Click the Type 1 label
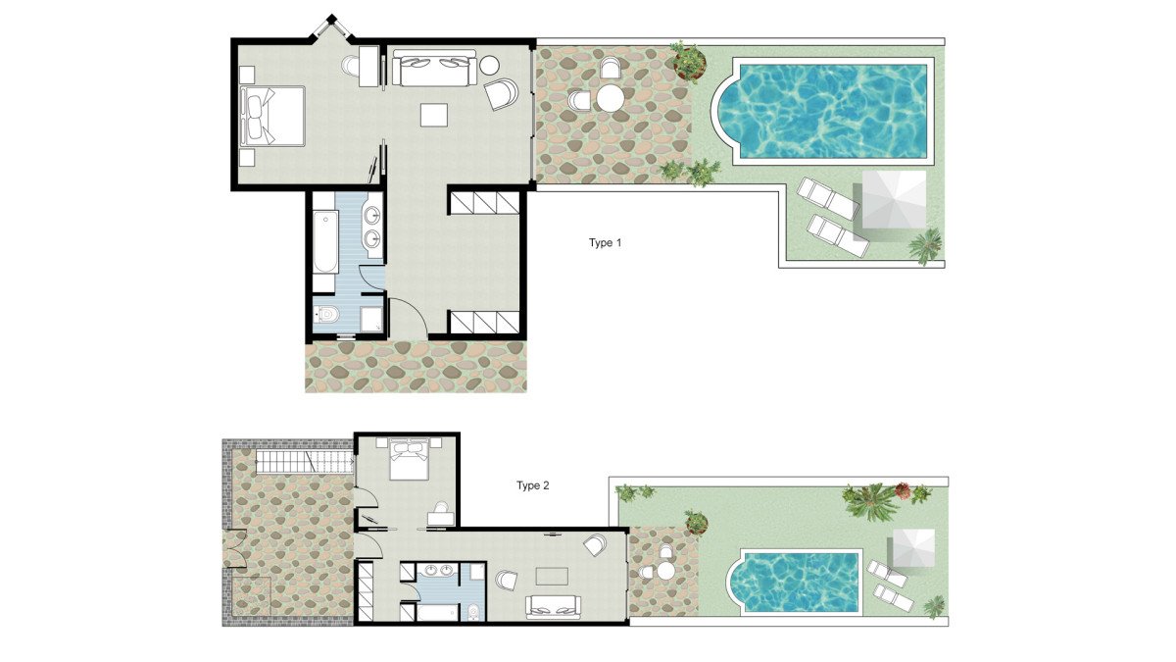point(605,243)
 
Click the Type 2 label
point(532,485)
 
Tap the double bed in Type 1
point(272,116)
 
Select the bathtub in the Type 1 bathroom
point(324,241)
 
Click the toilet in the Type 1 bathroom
point(326,315)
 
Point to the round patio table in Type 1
point(610,98)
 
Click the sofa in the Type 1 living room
point(434,69)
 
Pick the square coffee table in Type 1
point(433,115)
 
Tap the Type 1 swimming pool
point(821,111)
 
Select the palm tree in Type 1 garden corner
point(925,245)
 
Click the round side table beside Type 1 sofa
point(489,65)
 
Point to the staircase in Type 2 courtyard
point(305,461)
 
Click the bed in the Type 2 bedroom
point(408,459)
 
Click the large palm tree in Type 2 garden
point(869,501)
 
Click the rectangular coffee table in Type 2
point(551,576)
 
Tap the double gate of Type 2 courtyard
point(234,548)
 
